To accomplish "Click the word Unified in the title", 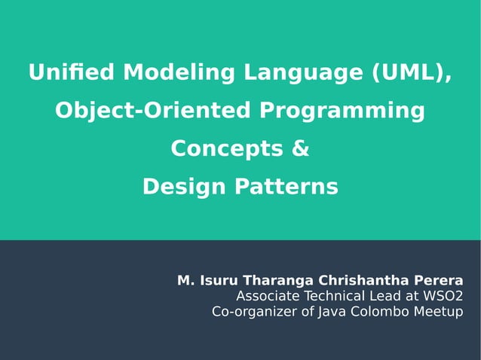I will (72, 73).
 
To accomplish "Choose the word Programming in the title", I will (342, 111).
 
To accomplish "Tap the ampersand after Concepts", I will (300, 148).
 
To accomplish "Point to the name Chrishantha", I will (364, 281).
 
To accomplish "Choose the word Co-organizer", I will (253, 311).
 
